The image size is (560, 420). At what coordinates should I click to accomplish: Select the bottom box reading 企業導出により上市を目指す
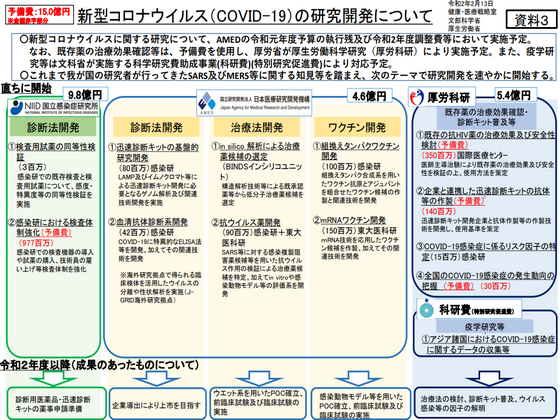(x=152, y=396)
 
